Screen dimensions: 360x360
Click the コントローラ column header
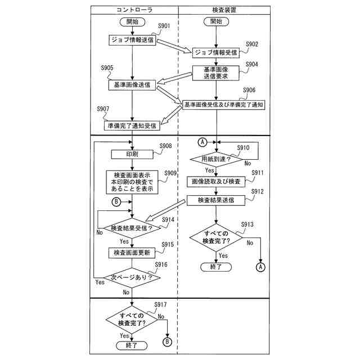[x=134, y=10]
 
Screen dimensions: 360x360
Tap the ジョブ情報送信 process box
[x=132, y=40]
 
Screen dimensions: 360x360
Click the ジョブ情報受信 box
[x=216, y=52]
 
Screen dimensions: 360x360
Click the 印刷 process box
[x=132, y=154]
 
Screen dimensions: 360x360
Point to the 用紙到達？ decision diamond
[x=216, y=159]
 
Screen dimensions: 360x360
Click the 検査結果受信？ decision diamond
[x=132, y=228]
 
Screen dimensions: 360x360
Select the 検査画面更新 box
[x=132, y=253]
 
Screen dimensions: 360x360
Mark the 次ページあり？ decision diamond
[x=132, y=277]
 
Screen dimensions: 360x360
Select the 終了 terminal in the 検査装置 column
[x=216, y=267]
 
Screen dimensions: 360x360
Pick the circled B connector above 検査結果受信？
[x=116, y=202]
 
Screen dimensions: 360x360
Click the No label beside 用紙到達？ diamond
[x=247, y=163]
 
